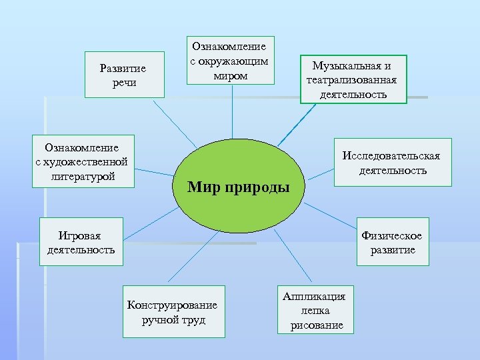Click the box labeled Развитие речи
click(x=125, y=75)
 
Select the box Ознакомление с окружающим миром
click(x=230, y=60)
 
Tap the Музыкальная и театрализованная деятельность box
click(x=352, y=79)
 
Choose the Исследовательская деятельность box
click(x=392, y=162)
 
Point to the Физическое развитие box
click(x=393, y=242)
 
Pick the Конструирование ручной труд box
click(x=174, y=311)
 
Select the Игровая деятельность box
click(x=81, y=242)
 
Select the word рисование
click(x=317, y=325)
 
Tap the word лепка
click(x=315, y=310)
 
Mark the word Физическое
click(x=391, y=235)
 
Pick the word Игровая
click(x=80, y=235)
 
